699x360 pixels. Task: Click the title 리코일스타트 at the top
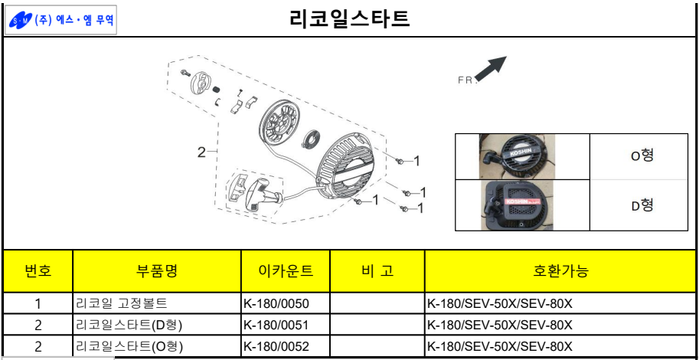tap(350, 19)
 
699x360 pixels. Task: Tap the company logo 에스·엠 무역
tap(60, 20)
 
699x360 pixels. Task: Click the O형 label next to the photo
tap(641, 156)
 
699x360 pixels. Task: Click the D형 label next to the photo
tap(641, 205)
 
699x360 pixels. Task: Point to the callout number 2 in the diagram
tap(202, 152)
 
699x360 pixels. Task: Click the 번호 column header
tap(38, 270)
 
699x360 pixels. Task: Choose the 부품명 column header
tap(157, 270)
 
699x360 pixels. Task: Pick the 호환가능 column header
tap(560, 270)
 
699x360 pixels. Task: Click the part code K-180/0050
tap(276, 304)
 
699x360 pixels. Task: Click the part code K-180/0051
tap(276, 325)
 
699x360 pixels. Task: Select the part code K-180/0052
tap(276, 345)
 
